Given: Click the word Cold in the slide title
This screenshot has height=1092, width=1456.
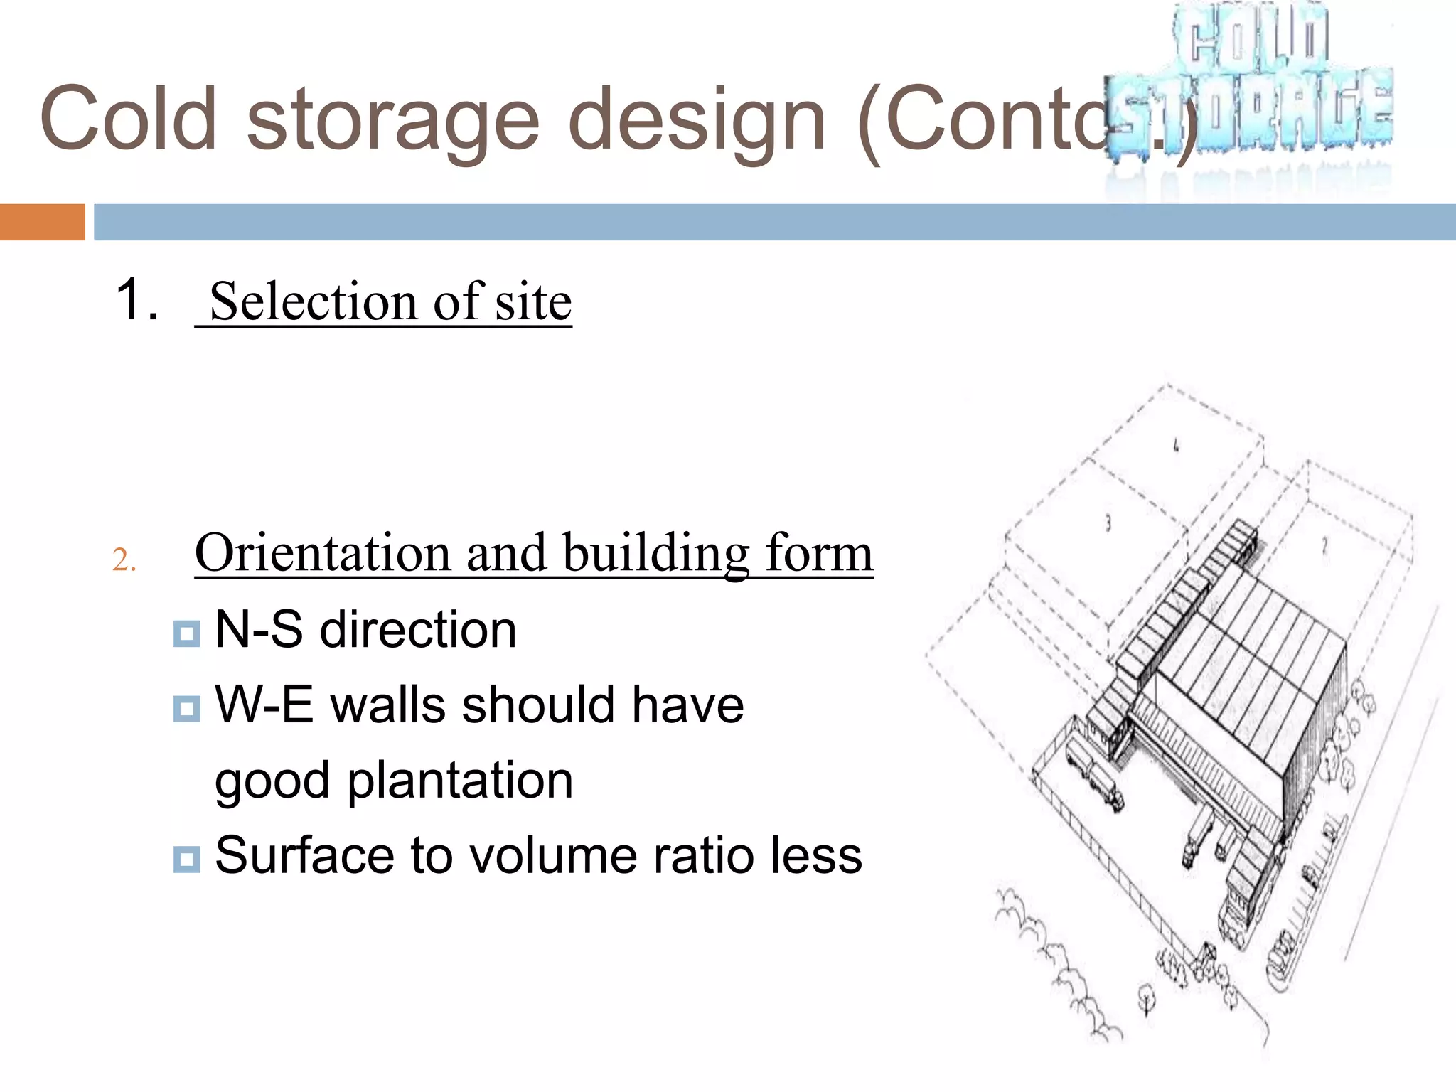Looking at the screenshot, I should [129, 119].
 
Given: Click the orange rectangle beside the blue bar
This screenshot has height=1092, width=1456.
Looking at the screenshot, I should [42, 222].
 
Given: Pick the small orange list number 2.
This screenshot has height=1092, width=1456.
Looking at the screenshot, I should [124, 561].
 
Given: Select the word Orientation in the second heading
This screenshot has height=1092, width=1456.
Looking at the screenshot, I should [323, 553].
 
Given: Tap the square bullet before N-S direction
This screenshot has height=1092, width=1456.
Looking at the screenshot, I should [186, 633].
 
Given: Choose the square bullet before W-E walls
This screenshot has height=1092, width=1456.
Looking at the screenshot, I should [186, 708].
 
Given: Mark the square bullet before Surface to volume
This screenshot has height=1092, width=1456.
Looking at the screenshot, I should [186, 859].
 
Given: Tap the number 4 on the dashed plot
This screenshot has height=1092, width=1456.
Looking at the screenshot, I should [1176, 446].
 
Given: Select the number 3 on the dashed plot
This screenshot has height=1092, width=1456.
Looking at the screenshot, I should [1108, 523].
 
